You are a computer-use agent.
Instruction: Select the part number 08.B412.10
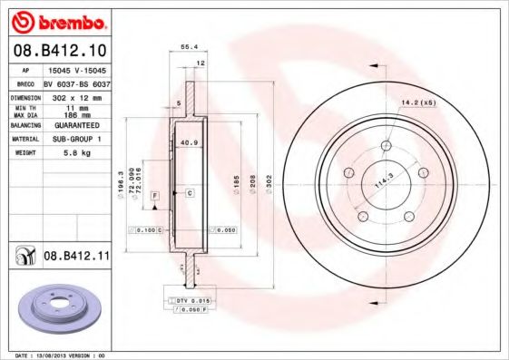tap(58, 50)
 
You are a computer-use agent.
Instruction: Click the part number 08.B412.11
tap(76, 257)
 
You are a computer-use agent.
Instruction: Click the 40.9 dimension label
tap(189, 143)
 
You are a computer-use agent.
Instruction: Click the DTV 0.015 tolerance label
tap(192, 298)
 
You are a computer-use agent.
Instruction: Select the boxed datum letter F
tap(155, 196)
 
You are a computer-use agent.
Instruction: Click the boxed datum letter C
tap(190, 193)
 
